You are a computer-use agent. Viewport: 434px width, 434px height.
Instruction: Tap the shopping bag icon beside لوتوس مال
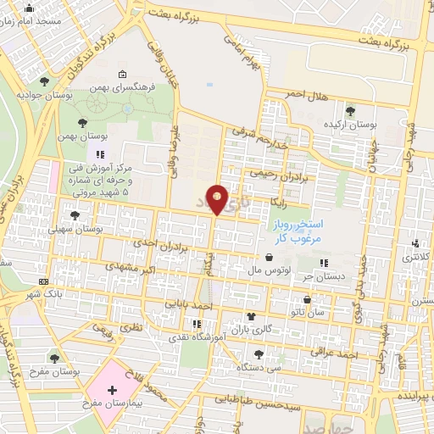click(269, 257)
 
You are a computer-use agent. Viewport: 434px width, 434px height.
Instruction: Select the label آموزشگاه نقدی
click(198, 337)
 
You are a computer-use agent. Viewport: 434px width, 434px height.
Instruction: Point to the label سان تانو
click(306, 313)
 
